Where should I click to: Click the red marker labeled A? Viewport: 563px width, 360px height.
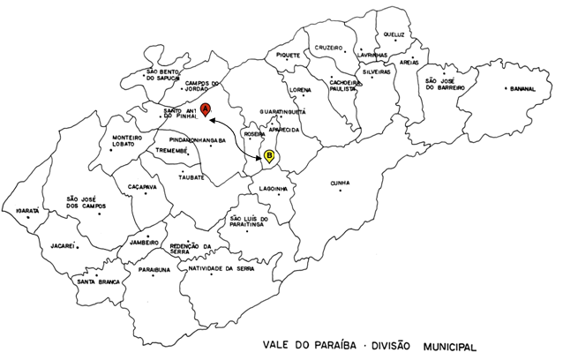206,109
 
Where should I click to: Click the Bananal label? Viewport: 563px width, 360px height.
519,89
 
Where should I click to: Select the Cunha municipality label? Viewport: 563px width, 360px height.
340,184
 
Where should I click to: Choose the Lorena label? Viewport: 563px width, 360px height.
301,91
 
